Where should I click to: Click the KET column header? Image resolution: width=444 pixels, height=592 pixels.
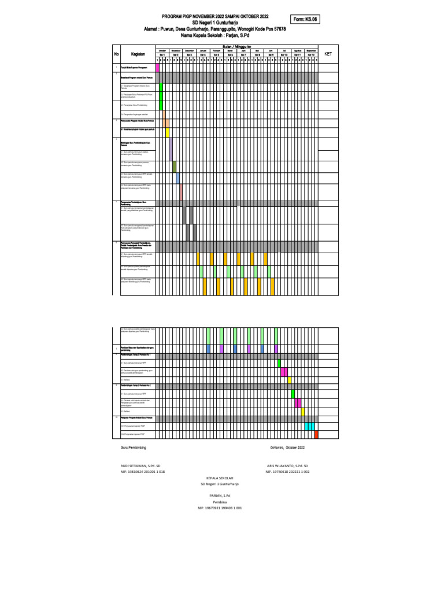[329, 53]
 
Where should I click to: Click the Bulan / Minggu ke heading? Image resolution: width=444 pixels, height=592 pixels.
[236, 46]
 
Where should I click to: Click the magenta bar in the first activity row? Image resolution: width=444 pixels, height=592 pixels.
[157, 68]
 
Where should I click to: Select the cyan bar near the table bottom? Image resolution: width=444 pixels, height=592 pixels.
[309, 426]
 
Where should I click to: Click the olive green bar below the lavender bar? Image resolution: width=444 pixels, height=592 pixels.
[174, 166]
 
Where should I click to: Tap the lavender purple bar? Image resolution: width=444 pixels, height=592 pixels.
[171, 149]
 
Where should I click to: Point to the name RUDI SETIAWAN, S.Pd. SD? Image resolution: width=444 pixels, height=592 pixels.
[140, 465]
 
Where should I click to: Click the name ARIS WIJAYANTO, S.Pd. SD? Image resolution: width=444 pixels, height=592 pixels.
[287, 465]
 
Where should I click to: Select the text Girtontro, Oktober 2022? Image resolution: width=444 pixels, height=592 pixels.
[287, 448]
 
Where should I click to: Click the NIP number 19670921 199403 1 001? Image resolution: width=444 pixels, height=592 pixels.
[220, 508]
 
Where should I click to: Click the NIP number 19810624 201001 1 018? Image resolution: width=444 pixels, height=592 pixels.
[142, 472]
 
